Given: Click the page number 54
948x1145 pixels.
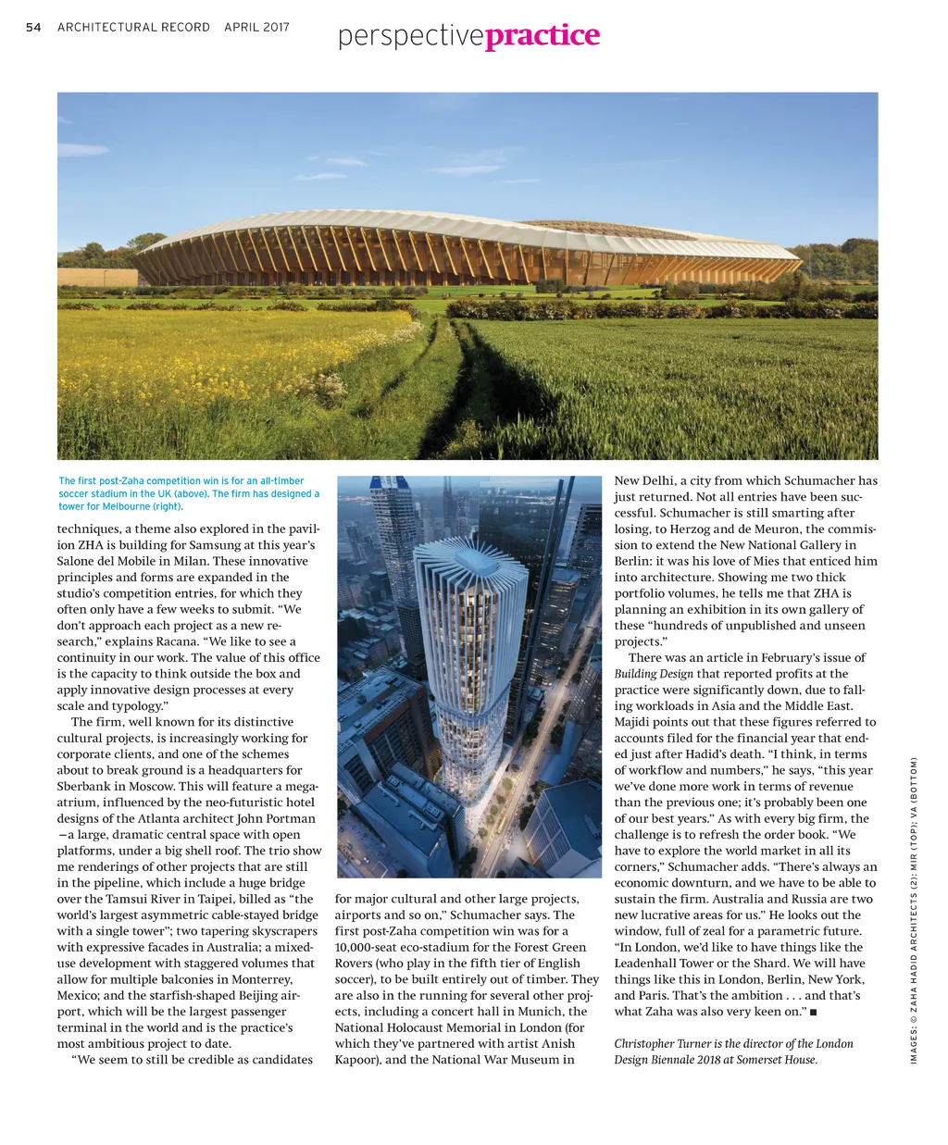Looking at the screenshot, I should click(x=33, y=27).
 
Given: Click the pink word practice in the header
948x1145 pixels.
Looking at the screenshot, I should click(x=542, y=35).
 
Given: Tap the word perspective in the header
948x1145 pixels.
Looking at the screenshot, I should click(x=410, y=37).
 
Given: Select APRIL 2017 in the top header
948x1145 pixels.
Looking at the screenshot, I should click(x=256, y=27).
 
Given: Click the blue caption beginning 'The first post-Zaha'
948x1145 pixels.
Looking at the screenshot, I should click(x=189, y=493).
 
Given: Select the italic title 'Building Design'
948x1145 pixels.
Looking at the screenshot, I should click(x=654, y=674).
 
